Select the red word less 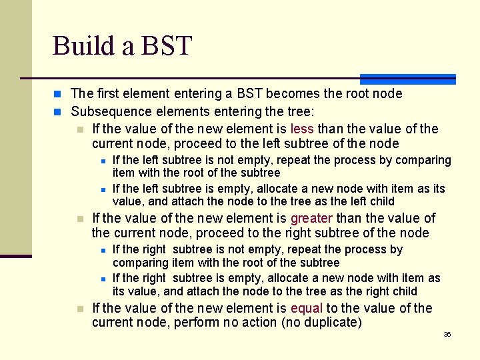(x=302, y=129)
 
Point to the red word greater (x=311, y=218)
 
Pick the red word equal (x=307, y=308)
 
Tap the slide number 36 (x=447, y=334)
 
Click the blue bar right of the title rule (x=407, y=79)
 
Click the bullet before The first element (x=59, y=94)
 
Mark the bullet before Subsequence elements (x=59, y=111)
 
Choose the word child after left (x=381, y=201)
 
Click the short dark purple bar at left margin (x=16, y=256)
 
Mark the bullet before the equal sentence (x=80, y=309)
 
